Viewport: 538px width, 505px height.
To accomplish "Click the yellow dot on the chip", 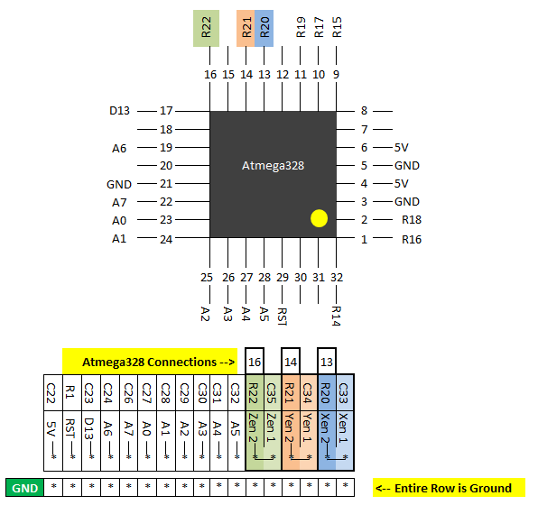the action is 319,218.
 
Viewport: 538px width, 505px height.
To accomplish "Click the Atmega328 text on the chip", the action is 273,166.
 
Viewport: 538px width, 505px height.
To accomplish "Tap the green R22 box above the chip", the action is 206,28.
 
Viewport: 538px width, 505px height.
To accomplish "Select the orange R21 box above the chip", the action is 246,28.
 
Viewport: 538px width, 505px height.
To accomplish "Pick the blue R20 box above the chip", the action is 264,28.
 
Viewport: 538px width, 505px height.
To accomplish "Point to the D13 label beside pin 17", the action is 119,111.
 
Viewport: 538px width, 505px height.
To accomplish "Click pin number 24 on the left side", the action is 166,239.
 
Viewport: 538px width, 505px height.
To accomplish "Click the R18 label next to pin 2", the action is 412,219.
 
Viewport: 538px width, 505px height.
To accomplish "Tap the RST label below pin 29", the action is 282,317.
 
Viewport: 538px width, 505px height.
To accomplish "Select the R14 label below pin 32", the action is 336,316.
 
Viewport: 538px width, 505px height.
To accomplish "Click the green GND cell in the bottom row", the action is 24,488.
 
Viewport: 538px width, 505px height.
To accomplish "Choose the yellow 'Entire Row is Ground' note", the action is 449,488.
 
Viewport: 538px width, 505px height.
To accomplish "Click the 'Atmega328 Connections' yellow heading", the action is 150,362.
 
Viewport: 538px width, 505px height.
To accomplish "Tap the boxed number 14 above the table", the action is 291,362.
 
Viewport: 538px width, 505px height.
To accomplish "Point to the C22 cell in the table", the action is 53,392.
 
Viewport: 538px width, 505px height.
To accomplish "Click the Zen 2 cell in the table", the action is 255,441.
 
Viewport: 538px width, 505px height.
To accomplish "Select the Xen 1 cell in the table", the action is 345,441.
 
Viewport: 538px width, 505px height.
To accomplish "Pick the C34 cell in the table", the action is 309,392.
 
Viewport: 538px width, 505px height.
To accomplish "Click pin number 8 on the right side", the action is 364,111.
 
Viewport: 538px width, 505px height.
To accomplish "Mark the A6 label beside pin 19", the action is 119,149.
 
